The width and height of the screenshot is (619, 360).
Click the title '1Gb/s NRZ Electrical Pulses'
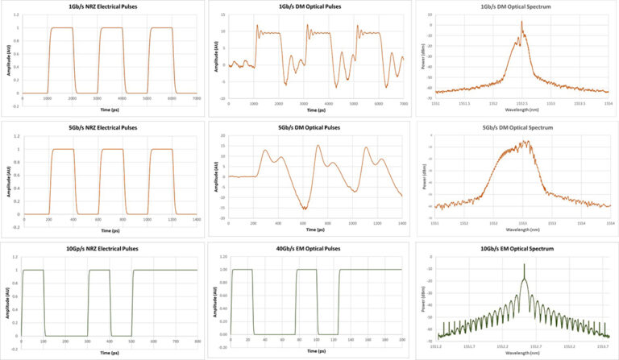click(103, 7)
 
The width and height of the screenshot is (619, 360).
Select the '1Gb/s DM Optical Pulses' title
click(310, 7)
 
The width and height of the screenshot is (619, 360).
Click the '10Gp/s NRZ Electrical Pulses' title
click(103, 249)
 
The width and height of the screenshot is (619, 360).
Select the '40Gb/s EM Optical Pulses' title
click(310, 249)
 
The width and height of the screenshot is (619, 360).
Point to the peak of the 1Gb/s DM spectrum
click(521, 22)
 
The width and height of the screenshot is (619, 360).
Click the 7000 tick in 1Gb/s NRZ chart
click(197, 98)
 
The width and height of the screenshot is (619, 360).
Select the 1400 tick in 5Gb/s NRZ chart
click(197, 220)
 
